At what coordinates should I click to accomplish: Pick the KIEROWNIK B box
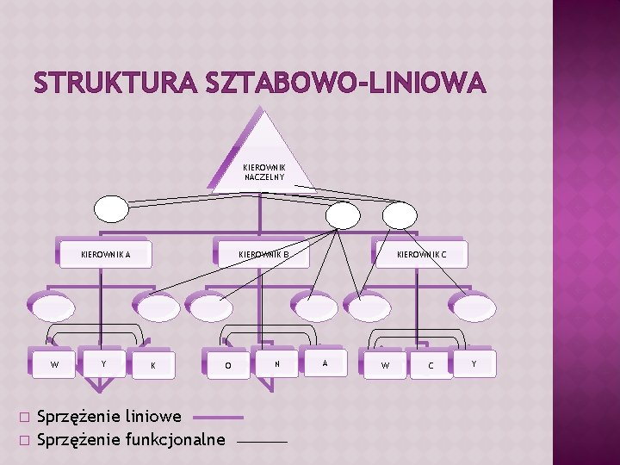[263, 254]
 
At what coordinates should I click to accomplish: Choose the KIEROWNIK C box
[421, 254]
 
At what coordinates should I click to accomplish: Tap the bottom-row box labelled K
[153, 365]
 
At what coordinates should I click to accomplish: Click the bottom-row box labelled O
[227, 365]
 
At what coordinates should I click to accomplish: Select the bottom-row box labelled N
[276, 363]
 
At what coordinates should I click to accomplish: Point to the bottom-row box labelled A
[325, 363]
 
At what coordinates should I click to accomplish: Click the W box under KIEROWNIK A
[55, 363]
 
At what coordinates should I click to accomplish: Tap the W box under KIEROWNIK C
[385, 365]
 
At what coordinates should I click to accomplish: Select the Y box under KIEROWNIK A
[104, 363]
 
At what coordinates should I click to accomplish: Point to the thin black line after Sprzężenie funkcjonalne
[261, 441]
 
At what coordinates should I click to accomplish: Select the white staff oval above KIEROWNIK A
[111, 209]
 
